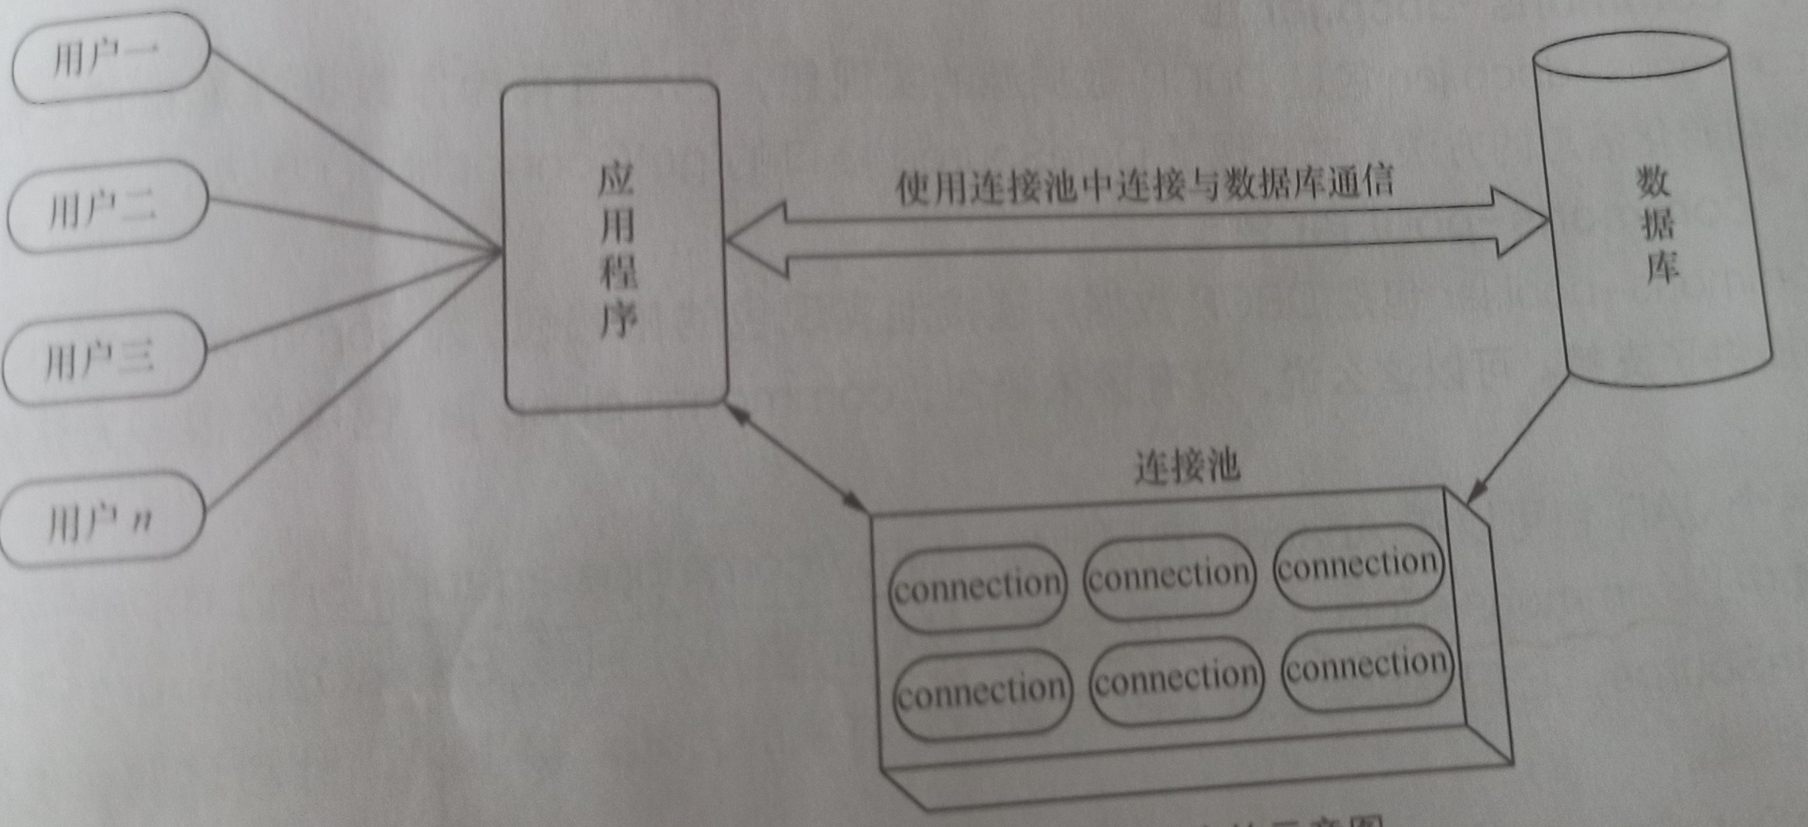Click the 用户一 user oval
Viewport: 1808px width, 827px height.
(x=110, y=58)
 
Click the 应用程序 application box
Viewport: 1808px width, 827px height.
(x=615, y=246)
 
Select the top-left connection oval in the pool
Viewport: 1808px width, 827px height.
(x=978, y=586)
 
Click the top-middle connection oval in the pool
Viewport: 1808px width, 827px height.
(x=1169, y=576)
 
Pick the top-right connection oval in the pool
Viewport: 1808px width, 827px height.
(x=1358, y=566)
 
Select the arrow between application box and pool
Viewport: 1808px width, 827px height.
(x=797, y=460)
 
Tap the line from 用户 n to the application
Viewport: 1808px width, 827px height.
(x=351, y=383)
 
